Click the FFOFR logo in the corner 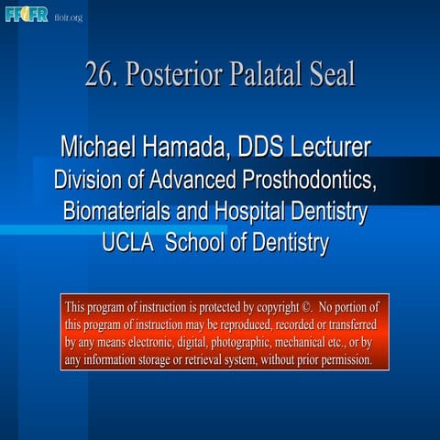tap(27, 16)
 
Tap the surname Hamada tap(193, 147)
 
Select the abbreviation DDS tap(269, 147)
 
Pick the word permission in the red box tap(342, 360)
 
